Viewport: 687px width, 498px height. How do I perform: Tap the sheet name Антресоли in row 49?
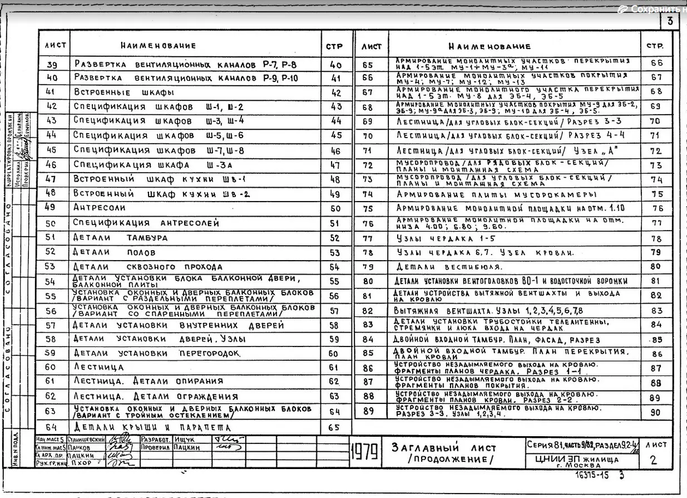pos(100,207)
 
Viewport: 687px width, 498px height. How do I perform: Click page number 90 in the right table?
pos(656,413)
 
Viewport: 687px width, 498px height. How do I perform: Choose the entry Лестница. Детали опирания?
pos(149,381)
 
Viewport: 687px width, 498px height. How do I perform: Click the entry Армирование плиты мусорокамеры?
pos(496,195)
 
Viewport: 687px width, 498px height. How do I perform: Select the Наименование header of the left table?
pos(159,46)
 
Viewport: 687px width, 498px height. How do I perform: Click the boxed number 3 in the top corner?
pos(669,21)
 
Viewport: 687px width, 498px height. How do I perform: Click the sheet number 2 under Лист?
pos(655,460)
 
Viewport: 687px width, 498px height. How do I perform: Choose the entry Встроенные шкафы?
pos(123,92)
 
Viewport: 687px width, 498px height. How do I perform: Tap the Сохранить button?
pos(654,9)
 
